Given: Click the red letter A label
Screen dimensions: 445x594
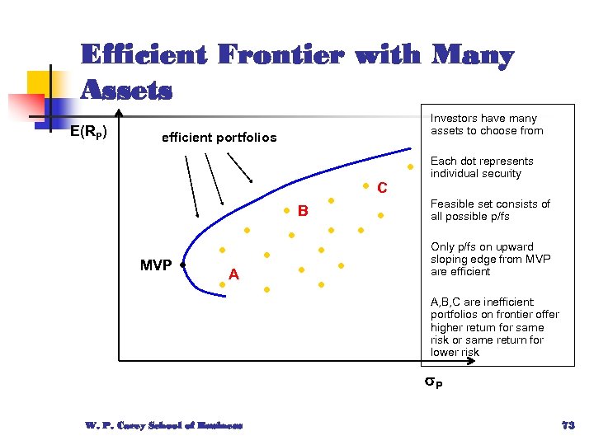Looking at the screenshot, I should pyautogui.click(x=234, y=274).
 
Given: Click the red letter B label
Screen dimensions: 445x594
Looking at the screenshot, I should pyautogui.click(x=303, y=212).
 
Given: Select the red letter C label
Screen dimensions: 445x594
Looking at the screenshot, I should pyautogui.click(x=382, y=189).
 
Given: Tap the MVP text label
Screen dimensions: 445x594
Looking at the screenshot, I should pyautogui.click(x=156, y=265).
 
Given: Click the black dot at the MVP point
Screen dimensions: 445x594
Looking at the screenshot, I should pyautogui.click(x=181, y=266).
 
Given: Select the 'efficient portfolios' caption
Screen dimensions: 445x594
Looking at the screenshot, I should pyautogui.click(x=219, y=137).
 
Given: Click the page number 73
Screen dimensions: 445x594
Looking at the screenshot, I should pyautogui.click(x=567, y=425).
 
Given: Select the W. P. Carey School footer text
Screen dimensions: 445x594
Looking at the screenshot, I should pyautogui.click(x=163, y=425).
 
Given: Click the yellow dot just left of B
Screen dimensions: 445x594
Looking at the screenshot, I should pyautogui.click(x=285, y=211).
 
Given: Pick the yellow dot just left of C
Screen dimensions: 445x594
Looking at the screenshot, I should pyautogui.click(x=365, y=185).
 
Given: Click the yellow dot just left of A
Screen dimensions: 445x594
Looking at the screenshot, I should pyautogui.click(x=222, y=283).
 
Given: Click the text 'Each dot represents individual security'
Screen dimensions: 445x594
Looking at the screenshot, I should pyautogui.click(x=482, y=167).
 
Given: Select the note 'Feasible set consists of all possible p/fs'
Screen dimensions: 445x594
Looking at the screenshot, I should pyautogui.click(x=490, y=210).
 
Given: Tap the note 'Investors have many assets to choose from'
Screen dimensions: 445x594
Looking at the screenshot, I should pyautogui.click(x=487, y=124).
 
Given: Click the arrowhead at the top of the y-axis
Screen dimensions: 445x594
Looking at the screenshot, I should pyautogui.click(x=119, y=112).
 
